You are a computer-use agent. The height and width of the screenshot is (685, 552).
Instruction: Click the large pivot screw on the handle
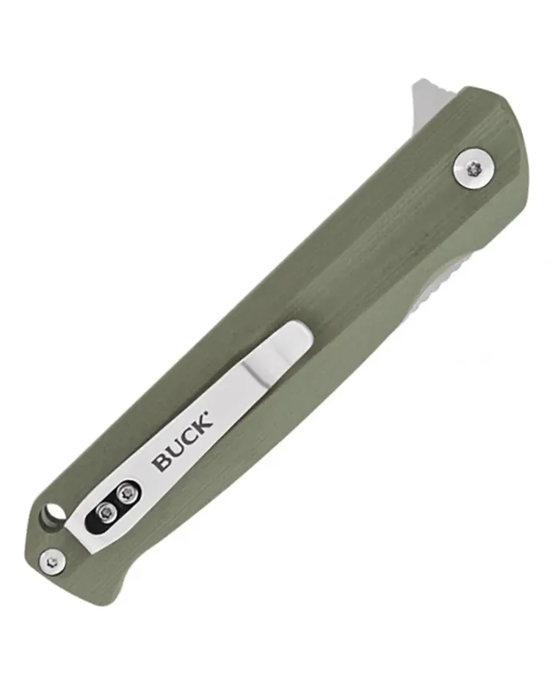pyautogui.click(x=474, y=168)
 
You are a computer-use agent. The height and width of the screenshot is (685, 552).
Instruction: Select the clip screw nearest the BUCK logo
pyautogui.click(x=128, y=494)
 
